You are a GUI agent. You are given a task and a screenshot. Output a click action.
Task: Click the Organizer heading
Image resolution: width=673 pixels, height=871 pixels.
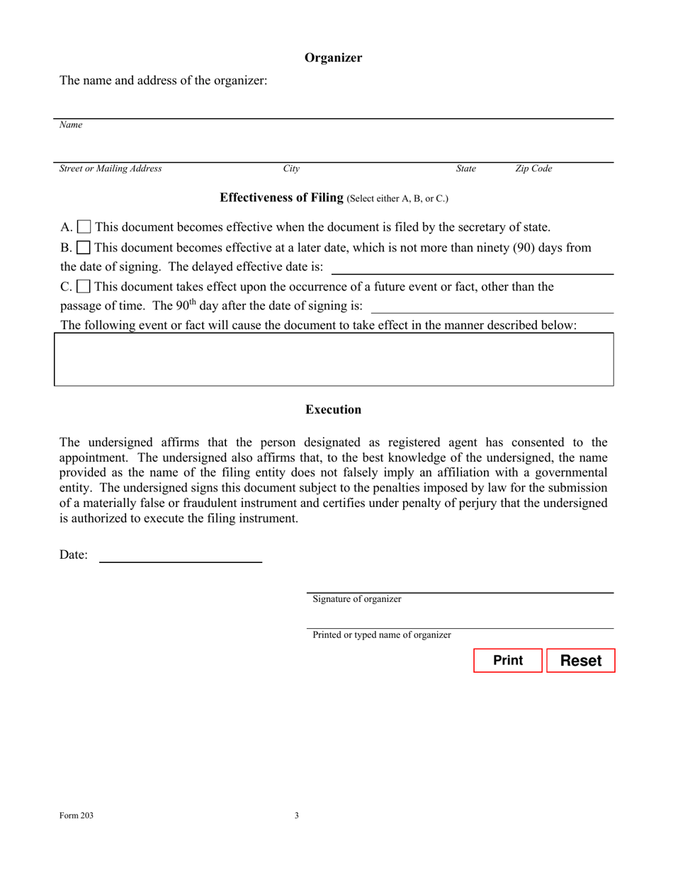tap(333, 58)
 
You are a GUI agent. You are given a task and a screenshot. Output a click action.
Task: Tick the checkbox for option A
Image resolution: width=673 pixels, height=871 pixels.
tap(84, 228)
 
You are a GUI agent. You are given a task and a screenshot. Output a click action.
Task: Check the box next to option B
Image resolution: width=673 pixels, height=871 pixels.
tap(84, 249)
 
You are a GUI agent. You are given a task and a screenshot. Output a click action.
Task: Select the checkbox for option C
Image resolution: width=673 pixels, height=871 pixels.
tap(84, 288)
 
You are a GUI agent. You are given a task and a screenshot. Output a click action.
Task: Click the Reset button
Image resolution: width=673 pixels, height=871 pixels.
tap(580, 661)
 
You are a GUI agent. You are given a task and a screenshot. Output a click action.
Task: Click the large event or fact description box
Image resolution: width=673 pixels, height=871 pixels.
tap(334, 359)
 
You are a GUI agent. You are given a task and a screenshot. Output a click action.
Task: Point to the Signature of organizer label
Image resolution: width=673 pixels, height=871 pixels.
tap(357, 599)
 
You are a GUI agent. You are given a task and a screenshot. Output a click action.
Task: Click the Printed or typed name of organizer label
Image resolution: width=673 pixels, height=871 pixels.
tap(382, 635)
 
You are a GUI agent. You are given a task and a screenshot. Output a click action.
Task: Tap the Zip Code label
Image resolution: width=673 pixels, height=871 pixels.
tap(533, 169)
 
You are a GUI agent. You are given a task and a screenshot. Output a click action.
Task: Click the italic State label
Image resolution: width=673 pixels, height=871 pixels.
tap(465, 169)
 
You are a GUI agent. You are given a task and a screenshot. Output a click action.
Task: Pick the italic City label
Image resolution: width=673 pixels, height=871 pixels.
tap(291, 169)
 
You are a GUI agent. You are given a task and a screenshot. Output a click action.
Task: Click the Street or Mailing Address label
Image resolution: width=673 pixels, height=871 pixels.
tap(111, 169)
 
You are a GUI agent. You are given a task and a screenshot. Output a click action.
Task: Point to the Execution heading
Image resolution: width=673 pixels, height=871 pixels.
tap(333, 410)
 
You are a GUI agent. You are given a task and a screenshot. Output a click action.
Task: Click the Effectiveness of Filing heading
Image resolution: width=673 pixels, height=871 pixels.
tap(282, 198)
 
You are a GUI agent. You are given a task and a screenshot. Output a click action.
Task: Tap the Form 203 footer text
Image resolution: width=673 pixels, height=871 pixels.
tap(76, 816)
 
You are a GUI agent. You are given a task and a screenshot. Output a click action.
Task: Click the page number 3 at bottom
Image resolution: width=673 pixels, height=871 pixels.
tap(296, 816)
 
